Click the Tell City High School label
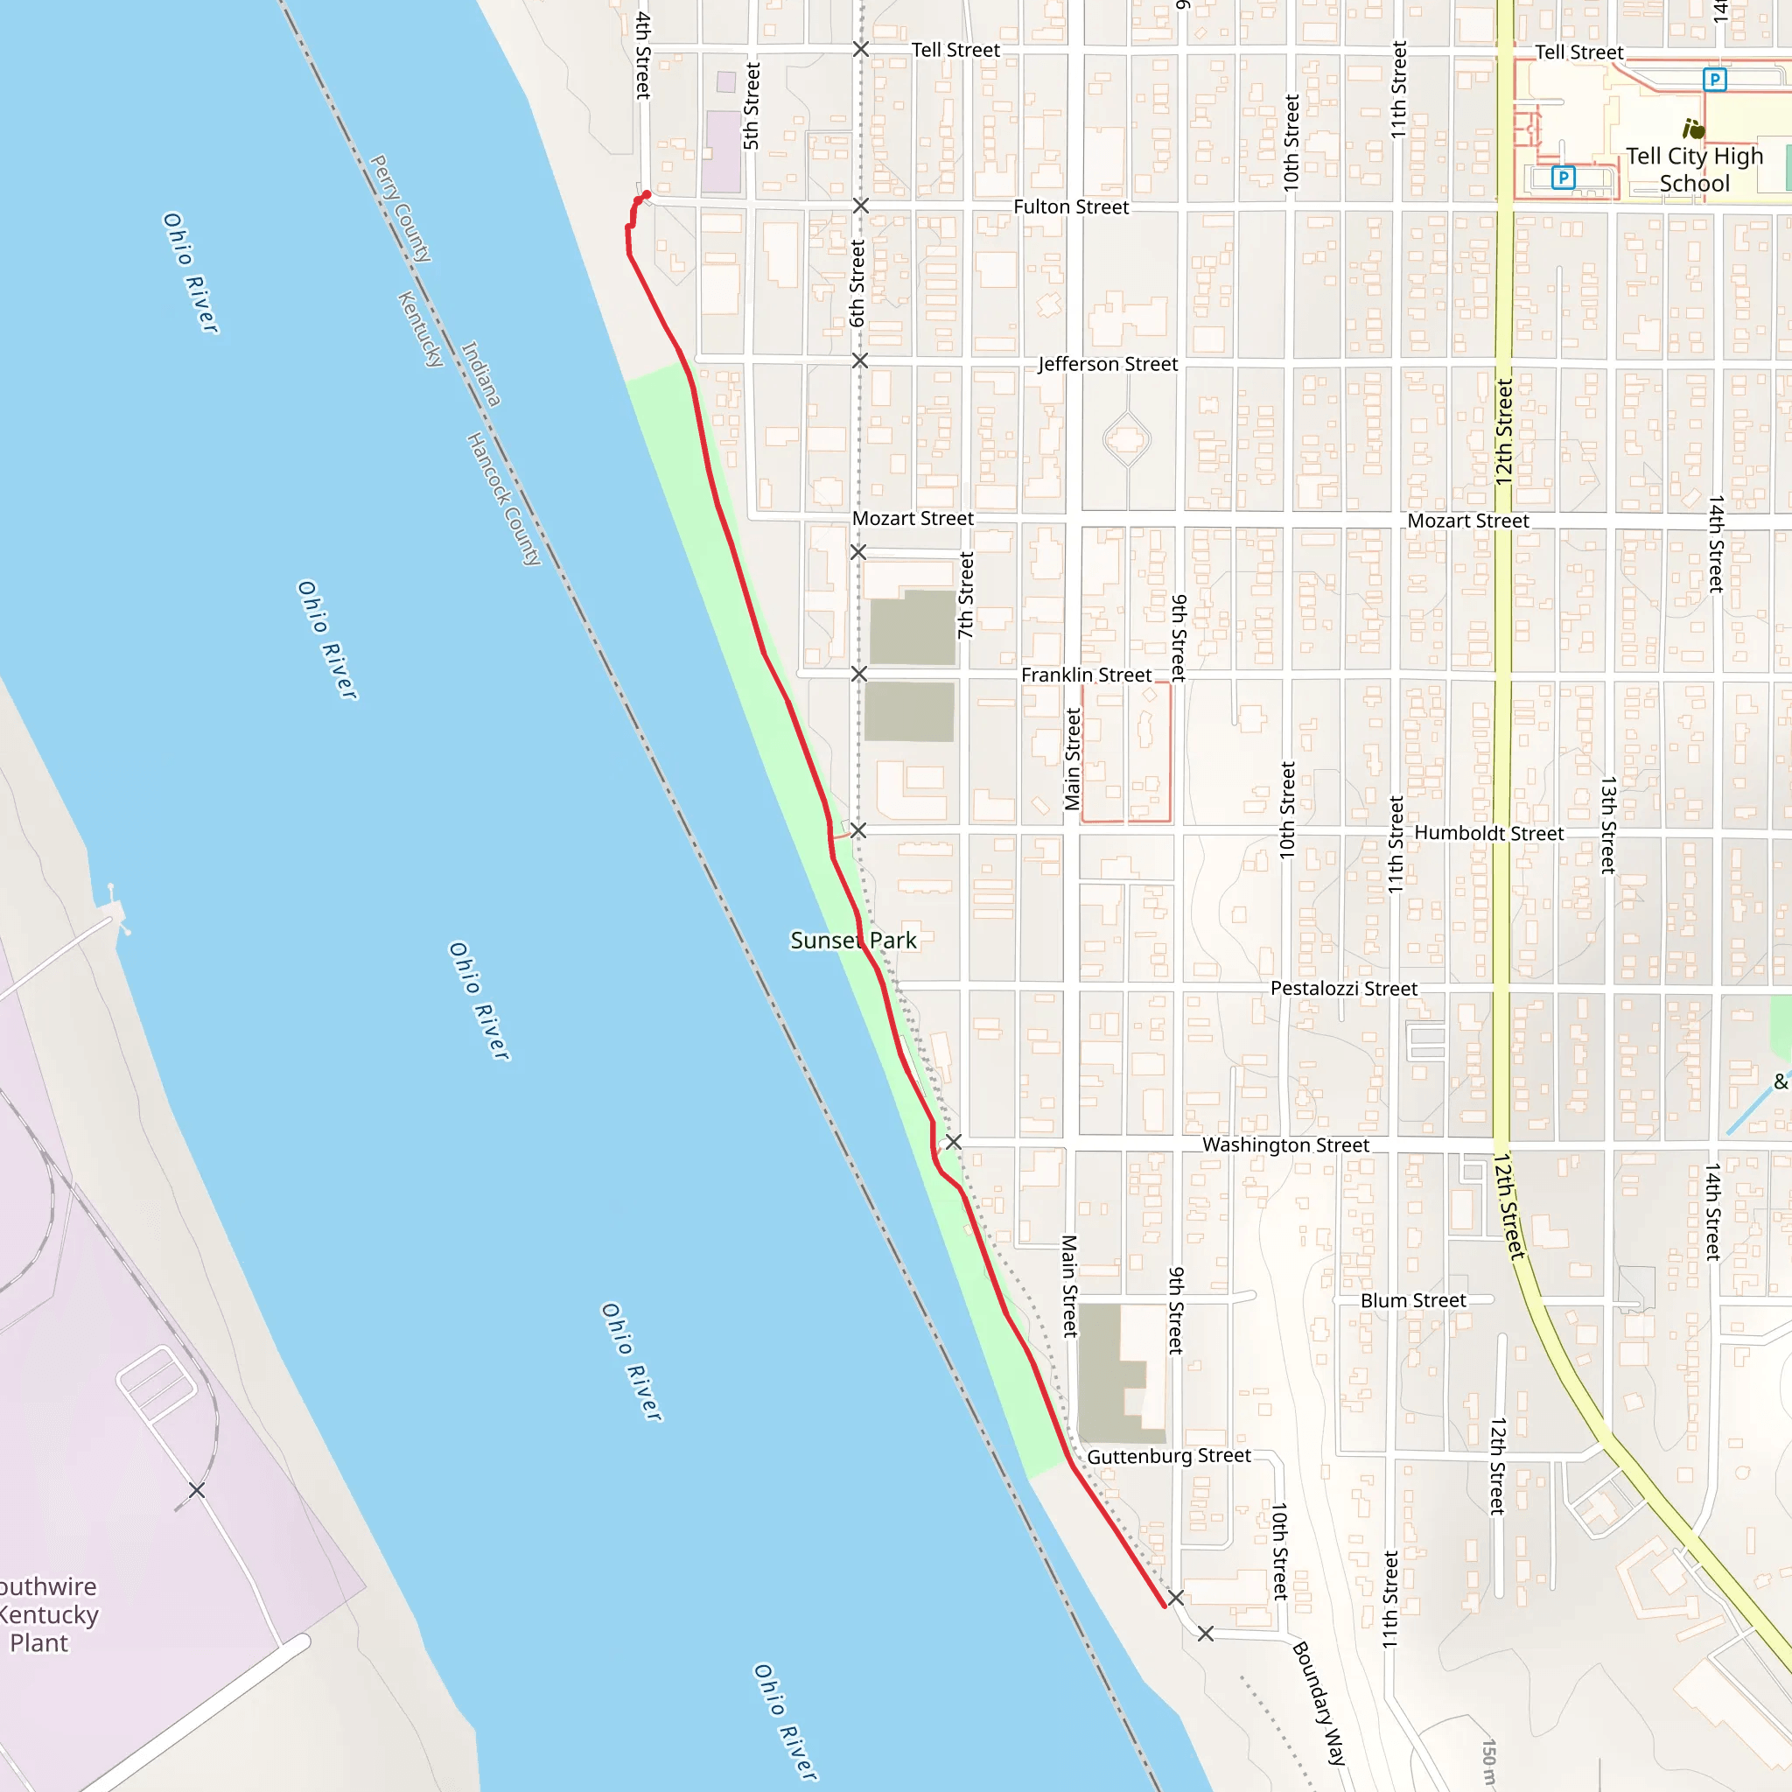point(1694,170)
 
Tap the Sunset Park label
point(852,941)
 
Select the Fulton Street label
point(1070,206)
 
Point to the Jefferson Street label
point(1108,365)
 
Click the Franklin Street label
point(1085,675)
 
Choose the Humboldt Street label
point(1487,833)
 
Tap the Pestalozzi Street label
point(1343,989)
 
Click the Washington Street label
point(1284,1145)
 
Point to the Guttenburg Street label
point(1169,1456)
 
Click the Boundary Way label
point(1318,1703)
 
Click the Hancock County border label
point(503,498)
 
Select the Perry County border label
point(401,209)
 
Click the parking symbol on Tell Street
point(1714,80)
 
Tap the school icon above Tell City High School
point(1693,128)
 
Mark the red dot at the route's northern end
point(647,194)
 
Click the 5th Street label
point(752,106)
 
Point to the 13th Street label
point(1608,824)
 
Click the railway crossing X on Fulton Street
point(861,206)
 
